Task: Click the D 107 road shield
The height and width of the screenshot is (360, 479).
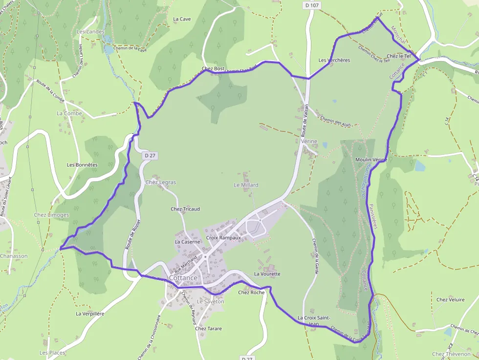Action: [311, 4]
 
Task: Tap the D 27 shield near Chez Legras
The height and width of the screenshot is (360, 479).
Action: [150, 155]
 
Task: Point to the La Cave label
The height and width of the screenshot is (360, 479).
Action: [182, 19]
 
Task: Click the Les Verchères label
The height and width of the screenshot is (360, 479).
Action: [334, 61]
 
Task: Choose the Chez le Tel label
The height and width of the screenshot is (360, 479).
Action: [398, 56]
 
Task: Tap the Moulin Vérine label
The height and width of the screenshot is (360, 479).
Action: [371, 160]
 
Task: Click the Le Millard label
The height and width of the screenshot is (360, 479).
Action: [246, 185]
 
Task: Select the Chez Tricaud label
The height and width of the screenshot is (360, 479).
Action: [185, 209]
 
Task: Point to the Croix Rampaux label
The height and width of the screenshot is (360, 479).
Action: [224, 238]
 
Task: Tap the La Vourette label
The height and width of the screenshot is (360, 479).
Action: [267, 274]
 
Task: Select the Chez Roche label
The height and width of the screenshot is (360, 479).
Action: [251, 293]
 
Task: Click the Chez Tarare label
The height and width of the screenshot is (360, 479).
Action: [208, 329]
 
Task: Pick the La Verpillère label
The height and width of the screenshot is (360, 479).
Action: [90, 314]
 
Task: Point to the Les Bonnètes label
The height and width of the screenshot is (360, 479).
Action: [82, 165]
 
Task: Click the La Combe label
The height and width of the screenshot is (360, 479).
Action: [69, 113]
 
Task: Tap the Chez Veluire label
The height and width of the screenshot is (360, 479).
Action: [450, 299]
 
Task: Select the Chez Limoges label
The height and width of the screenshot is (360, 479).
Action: [51, 215]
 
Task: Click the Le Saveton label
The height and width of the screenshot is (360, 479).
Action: [210, 301]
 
